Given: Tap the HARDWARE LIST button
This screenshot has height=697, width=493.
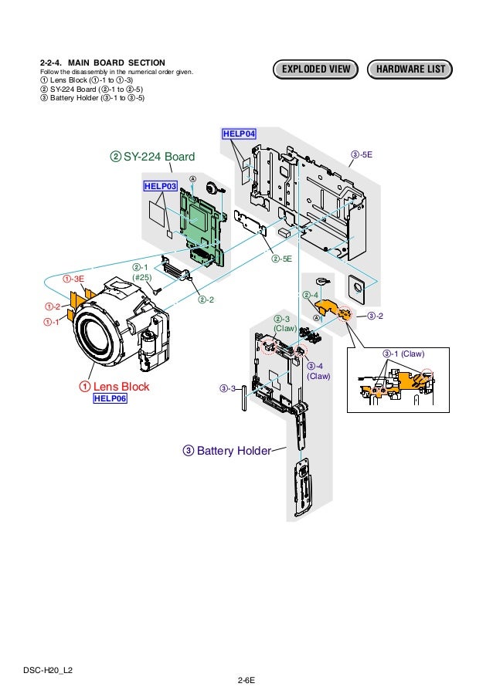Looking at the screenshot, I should tap(410, 70).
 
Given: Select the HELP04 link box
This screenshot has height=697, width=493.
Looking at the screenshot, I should tap(240, 134).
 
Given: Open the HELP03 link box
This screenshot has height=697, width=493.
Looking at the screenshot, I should tap(160, 186).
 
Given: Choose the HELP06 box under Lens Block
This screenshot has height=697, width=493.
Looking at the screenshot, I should tap(110, 398).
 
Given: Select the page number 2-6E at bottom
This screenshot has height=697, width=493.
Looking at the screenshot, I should tap(246, 680).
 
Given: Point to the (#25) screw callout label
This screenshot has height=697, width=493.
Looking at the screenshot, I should tap(141, 277).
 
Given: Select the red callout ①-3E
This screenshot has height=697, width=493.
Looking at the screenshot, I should tap(73, 279).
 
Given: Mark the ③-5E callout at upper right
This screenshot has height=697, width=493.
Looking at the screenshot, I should tap(362, 155).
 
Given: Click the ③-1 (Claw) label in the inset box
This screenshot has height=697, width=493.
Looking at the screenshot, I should tap(403, 354).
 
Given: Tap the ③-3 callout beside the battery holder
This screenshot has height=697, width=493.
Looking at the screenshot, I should tap(226, 387).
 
